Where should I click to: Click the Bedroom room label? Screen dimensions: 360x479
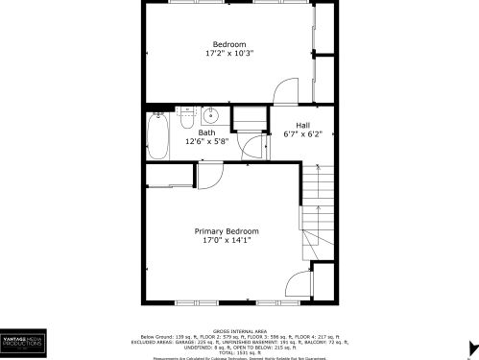pyautogui.click(x=229, y=44)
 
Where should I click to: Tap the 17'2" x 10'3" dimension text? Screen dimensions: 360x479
pyautogui.click(x=229, y=54)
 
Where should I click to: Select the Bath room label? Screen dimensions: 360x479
pyautogui.click(x=207, y=132)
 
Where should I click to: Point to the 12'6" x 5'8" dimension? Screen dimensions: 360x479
pyautogui.click(x=207, y=142)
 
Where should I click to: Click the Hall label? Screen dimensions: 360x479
pyautogui.click(x=302, y=125)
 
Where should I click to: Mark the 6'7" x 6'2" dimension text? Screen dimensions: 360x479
pyautogui.click(x=302, y=134)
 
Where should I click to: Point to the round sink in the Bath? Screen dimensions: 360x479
pyautogui.click(x=213, y=116)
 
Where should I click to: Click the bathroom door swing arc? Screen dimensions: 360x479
pyautogui.click(x=253, y=146)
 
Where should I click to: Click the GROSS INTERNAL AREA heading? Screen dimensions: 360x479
pyautogui.click(x=239, y=327)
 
